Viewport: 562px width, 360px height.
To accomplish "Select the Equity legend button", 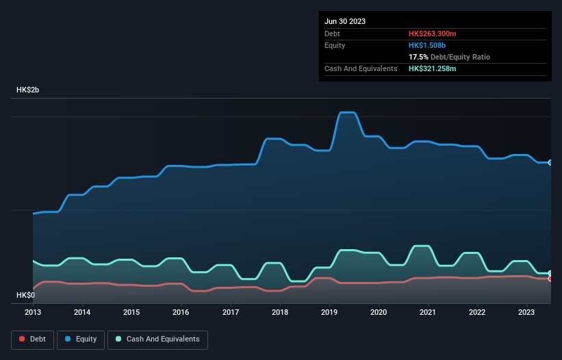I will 81,339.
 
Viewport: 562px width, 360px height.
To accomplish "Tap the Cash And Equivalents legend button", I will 157,339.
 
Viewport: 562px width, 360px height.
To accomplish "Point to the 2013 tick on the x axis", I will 33,313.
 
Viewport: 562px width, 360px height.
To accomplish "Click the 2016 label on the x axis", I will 181,313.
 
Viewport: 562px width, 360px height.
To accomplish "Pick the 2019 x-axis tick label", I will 330,313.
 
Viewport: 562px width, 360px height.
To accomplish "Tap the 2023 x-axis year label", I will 527,313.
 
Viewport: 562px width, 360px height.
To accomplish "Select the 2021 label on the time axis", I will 429,313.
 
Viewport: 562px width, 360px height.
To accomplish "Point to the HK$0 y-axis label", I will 25,295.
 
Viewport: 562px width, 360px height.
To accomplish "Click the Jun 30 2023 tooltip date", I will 345,21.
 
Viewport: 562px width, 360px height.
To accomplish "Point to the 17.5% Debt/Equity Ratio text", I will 449,57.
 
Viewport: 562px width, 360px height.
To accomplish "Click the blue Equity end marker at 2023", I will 550,163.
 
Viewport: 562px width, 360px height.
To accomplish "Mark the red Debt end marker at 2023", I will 550,279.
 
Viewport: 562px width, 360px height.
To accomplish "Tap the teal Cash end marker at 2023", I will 550,273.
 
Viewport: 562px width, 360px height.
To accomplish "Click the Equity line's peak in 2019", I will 347,112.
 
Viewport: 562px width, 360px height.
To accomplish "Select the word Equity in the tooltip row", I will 335,45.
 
